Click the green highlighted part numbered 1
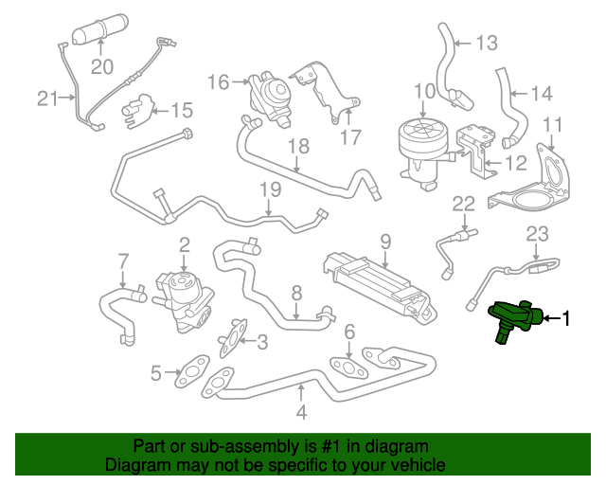pyautogui.click(x=515, y=318)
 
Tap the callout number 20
pyautogui.click(x=102, y=66)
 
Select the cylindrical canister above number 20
pyautogui.click(x=100, y=29)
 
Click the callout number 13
pyautogui.click(x=486, y=43)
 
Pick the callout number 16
pyautogui.click(x=219, y=82)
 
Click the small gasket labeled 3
pyautogui.click(x=232, y=337)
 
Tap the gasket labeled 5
pyautogui.click(x=192, y=370)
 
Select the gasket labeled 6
pyautogui.click(x=348, y=367)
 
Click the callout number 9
pyautogui.click(x=385, y=242)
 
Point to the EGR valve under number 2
pyautogui.click(x=184, y=300)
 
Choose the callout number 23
pyautogui.click(x=538, y=234)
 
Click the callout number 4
pyautogui.click(x=301, y=412)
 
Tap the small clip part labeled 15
pyautogui.click(x=138, y=111)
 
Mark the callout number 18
pyautogui.click(x=299, y=147)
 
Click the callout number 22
pyautogui.click(x=463, y=204)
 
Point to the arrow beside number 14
pyautogui.click(x=519, y=93)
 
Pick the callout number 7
pyautogui.click(x=122, y=261)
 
